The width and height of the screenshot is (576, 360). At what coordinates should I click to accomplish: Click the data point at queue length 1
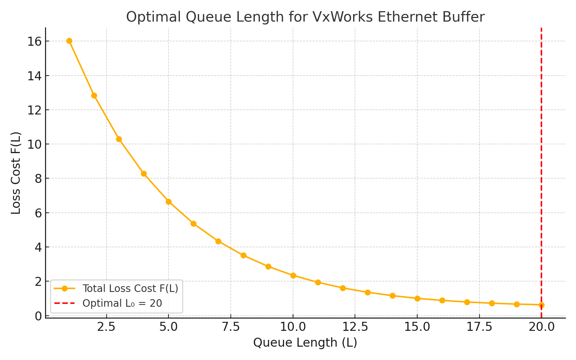(x=69, y=41)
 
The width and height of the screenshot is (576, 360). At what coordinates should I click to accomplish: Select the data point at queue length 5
(x=168, y=202)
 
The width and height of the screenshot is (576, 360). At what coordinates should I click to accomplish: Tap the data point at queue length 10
(x=293, y=275)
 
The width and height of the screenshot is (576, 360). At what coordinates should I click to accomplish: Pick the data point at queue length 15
(x=417, y=298)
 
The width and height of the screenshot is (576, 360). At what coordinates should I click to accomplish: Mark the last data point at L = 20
(x=541, y=305)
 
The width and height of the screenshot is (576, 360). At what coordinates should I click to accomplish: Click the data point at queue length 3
(x=119, y=139)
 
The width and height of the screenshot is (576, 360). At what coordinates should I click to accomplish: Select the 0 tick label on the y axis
(x=37, y=316)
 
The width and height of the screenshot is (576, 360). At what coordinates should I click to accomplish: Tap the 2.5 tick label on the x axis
(x=106, y=327)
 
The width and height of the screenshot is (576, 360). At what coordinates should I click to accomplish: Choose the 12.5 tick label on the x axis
(x=355, y=327)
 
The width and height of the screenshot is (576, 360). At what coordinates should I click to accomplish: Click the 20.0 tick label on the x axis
(x=541, y=327)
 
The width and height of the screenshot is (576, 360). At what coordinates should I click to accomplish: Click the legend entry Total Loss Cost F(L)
(x=130, y=288)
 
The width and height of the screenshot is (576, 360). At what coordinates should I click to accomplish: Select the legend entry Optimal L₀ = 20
(x=122, y=303)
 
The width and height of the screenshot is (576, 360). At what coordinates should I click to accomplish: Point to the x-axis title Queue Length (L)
(x=305, y=343)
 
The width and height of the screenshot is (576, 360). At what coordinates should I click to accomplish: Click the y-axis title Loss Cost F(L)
(x=16, y=173)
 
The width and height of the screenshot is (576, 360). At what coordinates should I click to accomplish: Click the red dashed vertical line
(x=541, y=144)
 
